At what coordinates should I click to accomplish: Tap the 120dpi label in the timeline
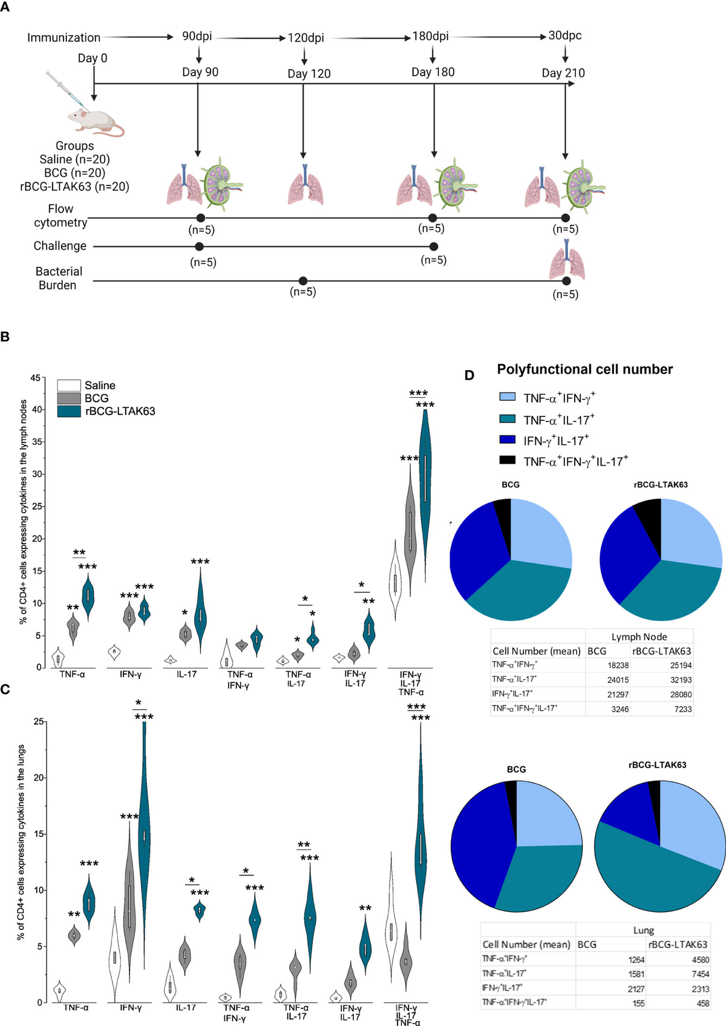tap(306, 37)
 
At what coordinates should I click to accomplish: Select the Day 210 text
tap(563, 73)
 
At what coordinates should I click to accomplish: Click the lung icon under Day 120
tap(306, 187)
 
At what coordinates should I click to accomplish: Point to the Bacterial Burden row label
tap(58, 278)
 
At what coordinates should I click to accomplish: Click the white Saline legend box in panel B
tap(69, 385)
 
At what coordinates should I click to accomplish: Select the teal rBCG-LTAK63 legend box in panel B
tap(69, 411)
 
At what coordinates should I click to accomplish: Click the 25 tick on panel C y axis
tap(38, 721)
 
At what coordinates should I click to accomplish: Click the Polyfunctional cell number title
tap(584, 369)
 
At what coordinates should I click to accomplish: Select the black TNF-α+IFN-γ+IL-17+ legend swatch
tap(507, 461)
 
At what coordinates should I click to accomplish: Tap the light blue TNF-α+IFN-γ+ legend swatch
tap(507, 397)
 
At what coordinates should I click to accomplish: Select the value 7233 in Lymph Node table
tap(683, 709)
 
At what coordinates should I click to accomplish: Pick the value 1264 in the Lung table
tap(636, 959)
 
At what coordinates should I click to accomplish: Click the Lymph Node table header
tap(639, 637)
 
